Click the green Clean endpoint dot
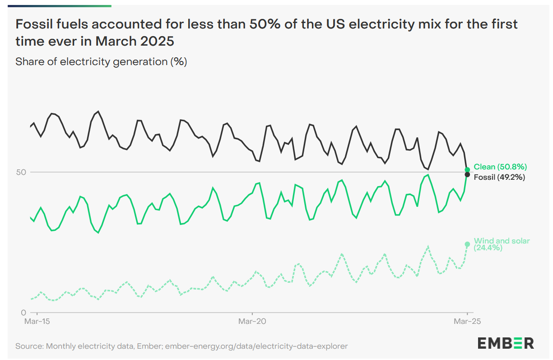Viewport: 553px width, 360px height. point(467,169)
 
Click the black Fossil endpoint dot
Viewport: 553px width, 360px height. point(467,175)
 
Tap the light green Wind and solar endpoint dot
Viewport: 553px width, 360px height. point(467,244)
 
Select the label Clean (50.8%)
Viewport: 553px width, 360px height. point(500,167)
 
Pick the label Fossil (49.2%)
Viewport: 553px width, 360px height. point(499,178)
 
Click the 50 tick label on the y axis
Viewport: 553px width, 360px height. point(21,172)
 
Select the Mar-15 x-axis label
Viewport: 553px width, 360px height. point(37,322)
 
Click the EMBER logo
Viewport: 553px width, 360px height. point(506,343)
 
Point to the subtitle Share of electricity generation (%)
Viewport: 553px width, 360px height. point(101,62)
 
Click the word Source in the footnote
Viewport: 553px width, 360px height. point(29,346)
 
